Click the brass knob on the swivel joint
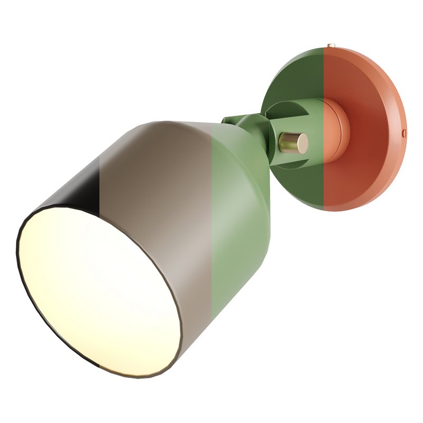tap(293, 142)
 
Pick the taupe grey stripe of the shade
tap(159, 212)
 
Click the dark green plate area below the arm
tap(301, 185)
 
